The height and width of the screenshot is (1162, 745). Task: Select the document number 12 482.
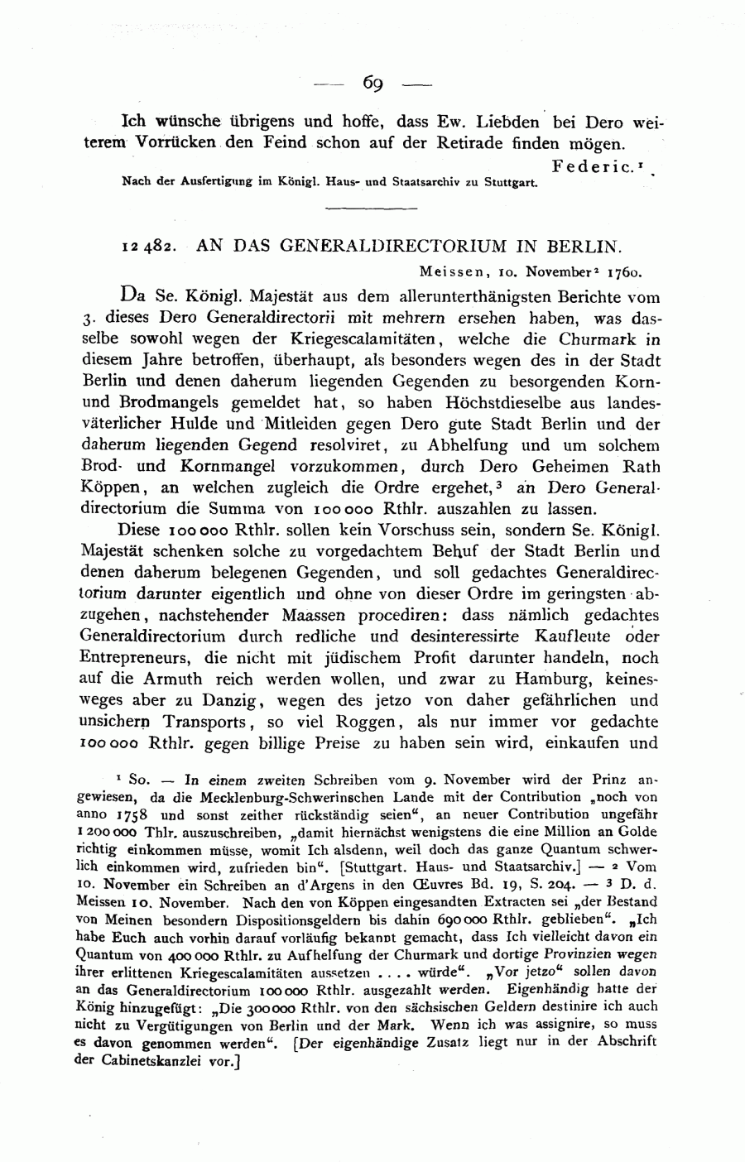[147, 246]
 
